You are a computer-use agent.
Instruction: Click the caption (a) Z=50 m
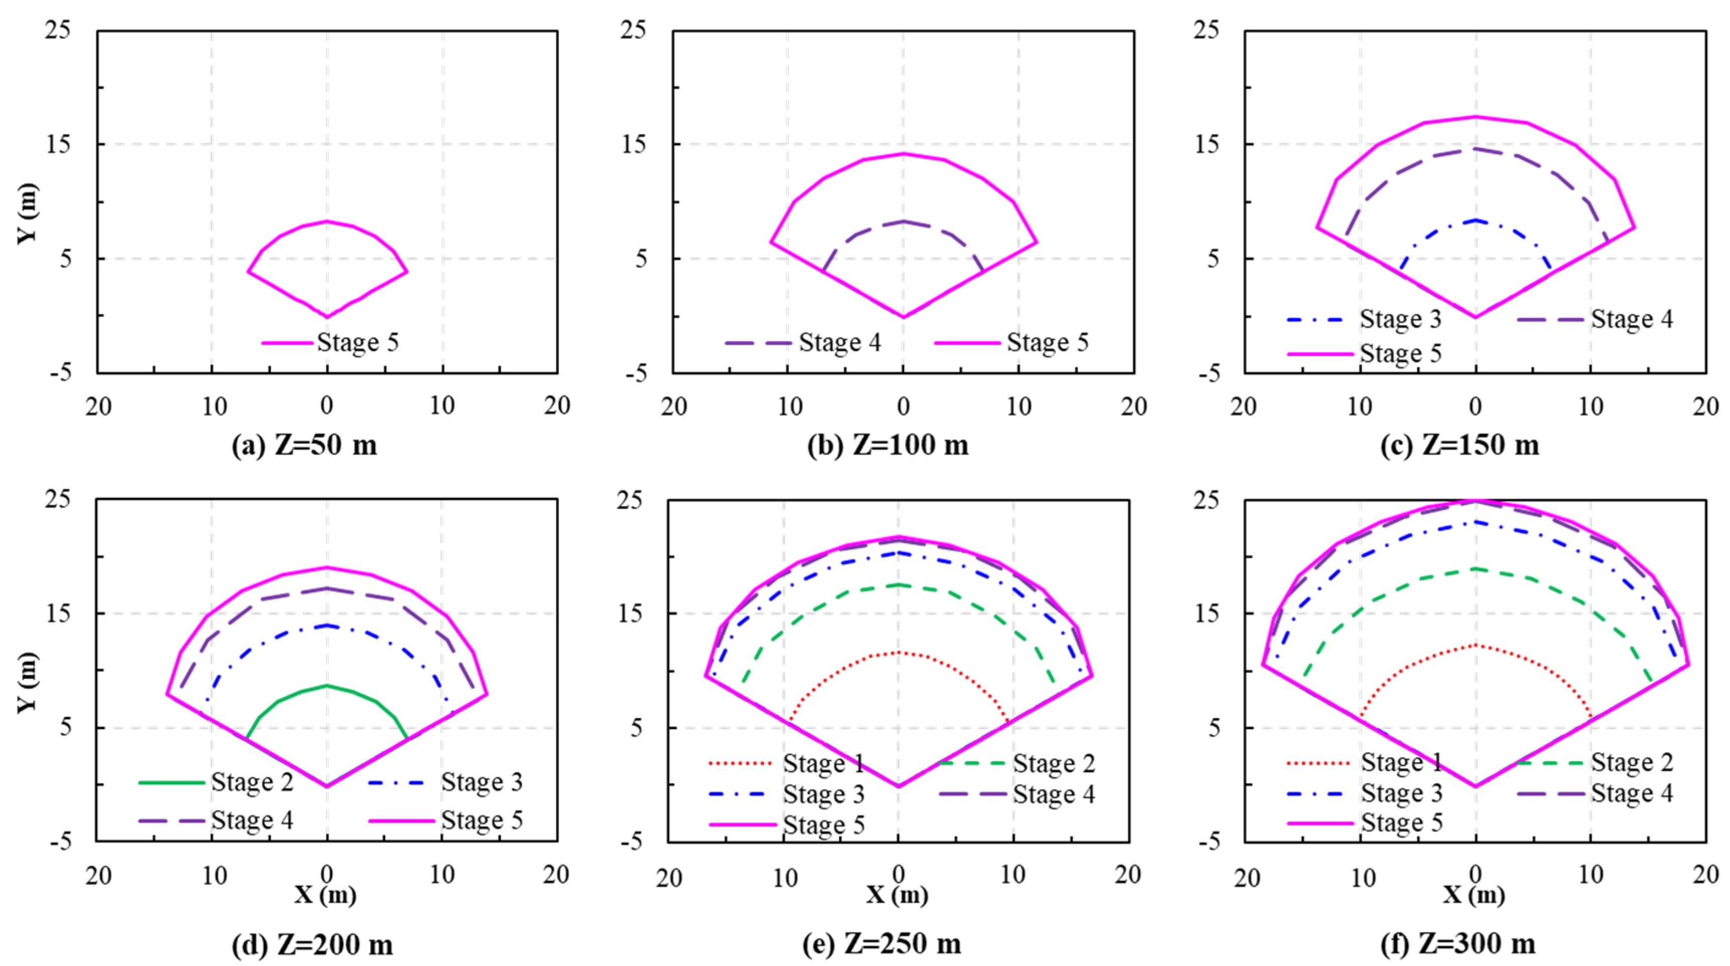tap(304, 446)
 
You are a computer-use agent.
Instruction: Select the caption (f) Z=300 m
tap(1458, 944)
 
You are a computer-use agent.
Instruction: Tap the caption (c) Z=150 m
tap(1460, 446)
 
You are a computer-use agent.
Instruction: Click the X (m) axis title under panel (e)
tap(897, 895)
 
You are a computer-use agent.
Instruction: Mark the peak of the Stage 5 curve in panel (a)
tap(327, 221)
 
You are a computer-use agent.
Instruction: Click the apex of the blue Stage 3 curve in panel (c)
tap(1476, 220)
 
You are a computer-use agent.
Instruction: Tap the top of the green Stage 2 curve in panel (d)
tap(327, 685)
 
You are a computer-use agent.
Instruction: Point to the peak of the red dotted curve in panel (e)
tap(898, 652)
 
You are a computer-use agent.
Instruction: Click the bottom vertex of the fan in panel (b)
tap(903, 317)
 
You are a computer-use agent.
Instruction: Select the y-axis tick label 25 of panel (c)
tap(1207, 30)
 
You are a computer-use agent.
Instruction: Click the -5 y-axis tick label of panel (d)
tap(60, 841)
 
